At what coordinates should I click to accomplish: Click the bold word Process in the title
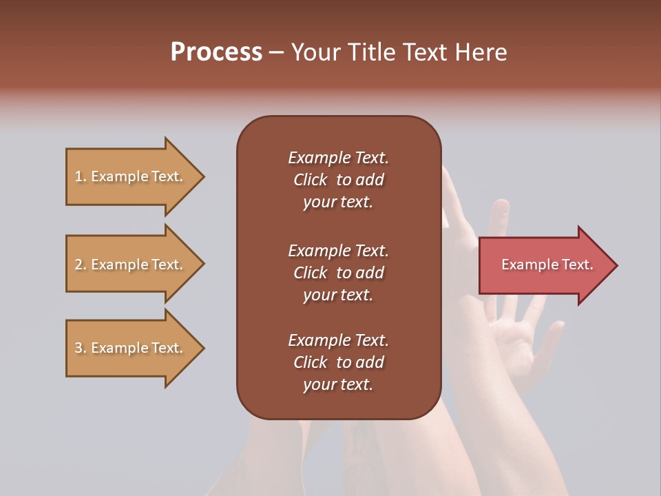click(216, 52)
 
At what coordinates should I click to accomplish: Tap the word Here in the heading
click(480, 52)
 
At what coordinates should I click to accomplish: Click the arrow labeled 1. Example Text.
click(131, 176)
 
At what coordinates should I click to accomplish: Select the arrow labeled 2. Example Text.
click(131, 265)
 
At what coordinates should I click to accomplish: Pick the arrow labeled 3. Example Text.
click(131, 348)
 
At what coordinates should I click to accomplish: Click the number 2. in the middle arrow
click(81, 265)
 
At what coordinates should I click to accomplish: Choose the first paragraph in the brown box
click(338, 180)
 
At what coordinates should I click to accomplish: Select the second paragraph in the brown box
click(338, 273)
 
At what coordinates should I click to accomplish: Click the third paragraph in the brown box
click(338, 362)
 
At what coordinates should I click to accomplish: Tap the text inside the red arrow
click(547, 265)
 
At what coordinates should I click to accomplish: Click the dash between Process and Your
click(277, 53)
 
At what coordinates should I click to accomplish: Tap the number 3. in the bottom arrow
click(81, 348)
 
